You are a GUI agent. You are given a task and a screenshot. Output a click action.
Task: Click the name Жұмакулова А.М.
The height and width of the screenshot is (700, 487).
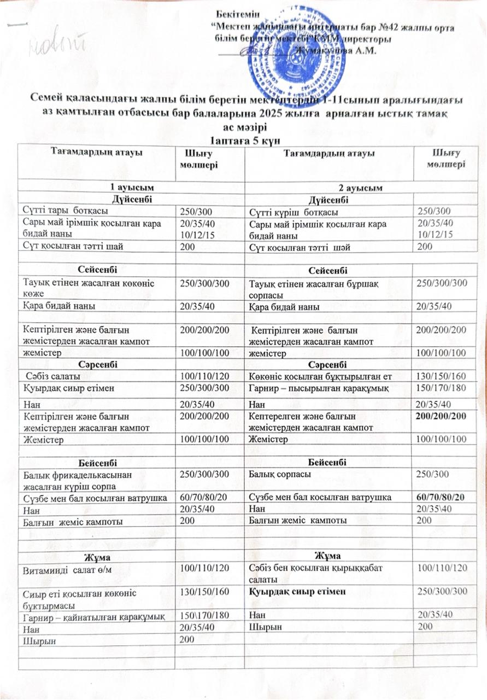point(335,51)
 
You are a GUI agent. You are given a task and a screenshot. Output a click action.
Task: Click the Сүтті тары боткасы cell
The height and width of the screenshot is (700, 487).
point(65,209)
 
